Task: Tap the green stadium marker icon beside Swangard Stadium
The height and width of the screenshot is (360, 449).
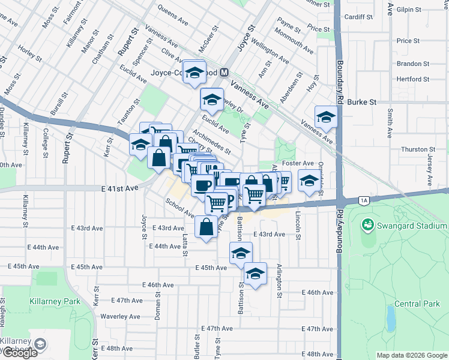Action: point(366,225)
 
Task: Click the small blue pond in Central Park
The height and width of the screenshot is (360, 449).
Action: point(391,318)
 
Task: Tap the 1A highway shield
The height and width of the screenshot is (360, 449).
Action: point(363,200)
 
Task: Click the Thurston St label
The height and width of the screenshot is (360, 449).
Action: point(418,149)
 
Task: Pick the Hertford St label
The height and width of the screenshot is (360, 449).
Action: point(413,79)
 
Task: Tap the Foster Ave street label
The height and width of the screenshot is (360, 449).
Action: point(299,163)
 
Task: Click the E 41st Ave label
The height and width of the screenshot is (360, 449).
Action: point(120,188)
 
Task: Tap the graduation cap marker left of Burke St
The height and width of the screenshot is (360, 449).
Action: point(326,116)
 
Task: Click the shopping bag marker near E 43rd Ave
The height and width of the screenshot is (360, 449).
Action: point(206,227)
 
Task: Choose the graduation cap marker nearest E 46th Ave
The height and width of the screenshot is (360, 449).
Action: point(256,274)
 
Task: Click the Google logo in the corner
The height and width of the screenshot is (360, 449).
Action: point(19,353)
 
